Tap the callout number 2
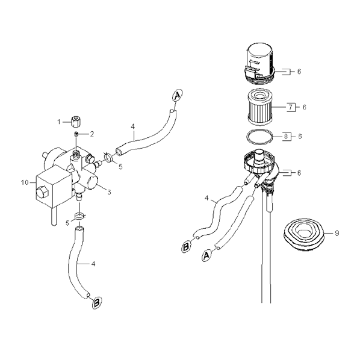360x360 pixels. tap(92, 134)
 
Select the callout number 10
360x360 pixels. tap(25, 182)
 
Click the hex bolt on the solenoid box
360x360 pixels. tap(42, 190)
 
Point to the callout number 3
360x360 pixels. tap(109, 191)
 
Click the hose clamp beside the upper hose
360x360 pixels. tap(108, 157)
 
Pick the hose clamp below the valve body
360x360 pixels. tap(79, 216)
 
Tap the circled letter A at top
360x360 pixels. tap(176, 95)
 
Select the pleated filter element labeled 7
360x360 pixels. tap(260, 107)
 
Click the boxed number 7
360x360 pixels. tap(290, 107)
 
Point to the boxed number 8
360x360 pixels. tap(286, 137)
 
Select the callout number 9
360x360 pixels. tap(337, 233)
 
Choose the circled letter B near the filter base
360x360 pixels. tap(186, 247)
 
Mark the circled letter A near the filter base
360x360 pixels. tap(206, 255)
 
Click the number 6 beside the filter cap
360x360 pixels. tap(299, 72)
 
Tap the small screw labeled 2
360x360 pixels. tap(76, 134)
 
